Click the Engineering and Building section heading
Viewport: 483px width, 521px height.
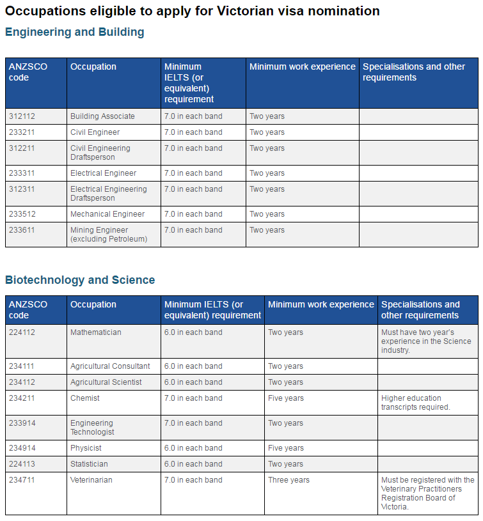75,32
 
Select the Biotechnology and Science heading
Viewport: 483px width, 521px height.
80,280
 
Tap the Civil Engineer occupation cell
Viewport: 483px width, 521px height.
95,132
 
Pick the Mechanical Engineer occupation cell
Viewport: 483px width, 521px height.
107,214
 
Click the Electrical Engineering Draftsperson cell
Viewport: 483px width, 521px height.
109,194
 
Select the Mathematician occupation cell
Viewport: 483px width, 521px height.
96,332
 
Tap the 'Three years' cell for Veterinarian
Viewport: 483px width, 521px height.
289,480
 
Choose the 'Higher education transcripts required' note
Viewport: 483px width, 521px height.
416,403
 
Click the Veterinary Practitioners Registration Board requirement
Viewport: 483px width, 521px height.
427,493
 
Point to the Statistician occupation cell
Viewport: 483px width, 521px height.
89,464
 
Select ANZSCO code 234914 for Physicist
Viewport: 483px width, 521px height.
22,448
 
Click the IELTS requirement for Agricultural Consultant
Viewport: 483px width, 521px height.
193,366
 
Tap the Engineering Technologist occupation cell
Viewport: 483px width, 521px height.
92,428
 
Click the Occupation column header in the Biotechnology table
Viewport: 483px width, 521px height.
93,304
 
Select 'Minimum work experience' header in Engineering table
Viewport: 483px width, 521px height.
302,67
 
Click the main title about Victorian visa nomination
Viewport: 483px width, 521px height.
193,11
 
